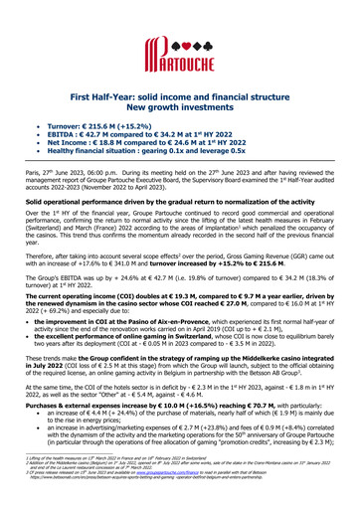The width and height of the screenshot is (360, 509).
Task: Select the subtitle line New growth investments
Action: coord(180,103)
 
